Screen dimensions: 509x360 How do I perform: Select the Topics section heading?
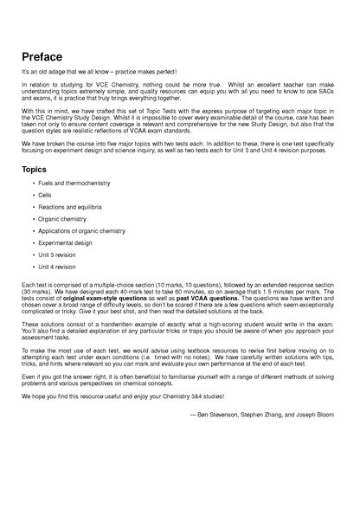click(x=41, y=170)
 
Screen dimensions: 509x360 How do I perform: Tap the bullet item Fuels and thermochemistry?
click(x=74, y=184)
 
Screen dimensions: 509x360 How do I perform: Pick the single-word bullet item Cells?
click(x=44, y=196)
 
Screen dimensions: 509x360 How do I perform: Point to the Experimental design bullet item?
click(x=65, y=243)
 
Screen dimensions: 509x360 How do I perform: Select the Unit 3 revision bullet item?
click(x=57, y=255)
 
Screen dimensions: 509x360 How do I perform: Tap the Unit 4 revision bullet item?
click(x=57, y=267)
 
